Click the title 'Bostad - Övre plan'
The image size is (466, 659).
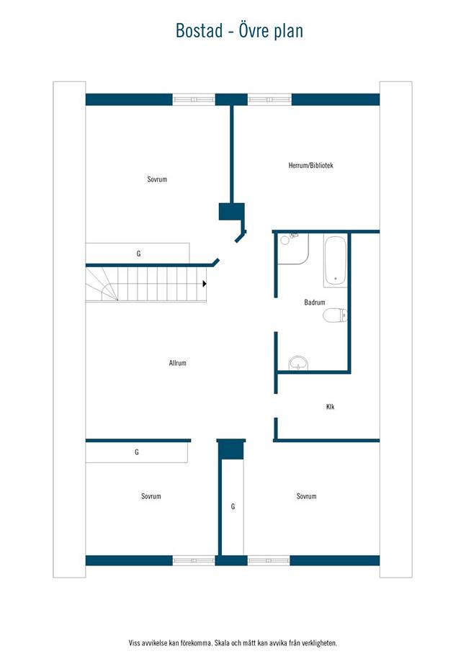tap(239, 31)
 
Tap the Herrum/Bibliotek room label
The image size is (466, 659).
tap(310, 166)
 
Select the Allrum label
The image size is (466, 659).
tap(177, 363)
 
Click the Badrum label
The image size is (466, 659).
tap(314, 302)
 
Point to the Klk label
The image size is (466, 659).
tap(331, 406)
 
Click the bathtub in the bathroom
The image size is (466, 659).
tap(335, 261)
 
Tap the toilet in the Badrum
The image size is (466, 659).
tap(335, 315)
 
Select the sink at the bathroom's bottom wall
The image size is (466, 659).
tap(298, 363)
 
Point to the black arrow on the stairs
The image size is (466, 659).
tap(205, 284)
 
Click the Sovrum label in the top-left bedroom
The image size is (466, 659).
tap(157, 179)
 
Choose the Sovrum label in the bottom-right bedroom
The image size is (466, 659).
tap(306, 496)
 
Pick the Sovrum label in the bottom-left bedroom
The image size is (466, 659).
tap(151, 496)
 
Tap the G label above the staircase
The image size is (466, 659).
tap(139, 254)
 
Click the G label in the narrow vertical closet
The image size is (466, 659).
tap(233, 507)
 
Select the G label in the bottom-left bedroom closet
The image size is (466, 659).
tap(137, 452)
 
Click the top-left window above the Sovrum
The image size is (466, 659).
tap(194, 99)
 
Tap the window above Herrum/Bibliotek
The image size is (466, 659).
tap(269, 99)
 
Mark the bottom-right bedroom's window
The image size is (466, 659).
tap(269, 560)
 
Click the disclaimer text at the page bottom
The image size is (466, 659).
tap(233, 643)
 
